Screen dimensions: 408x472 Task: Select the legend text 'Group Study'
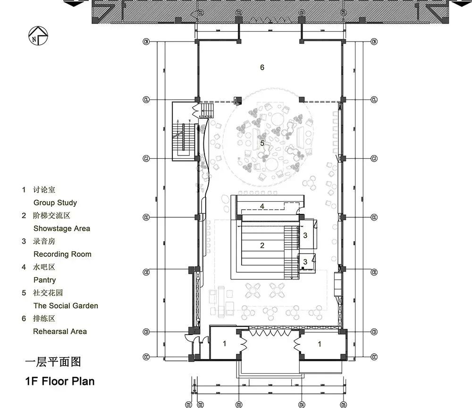pos(55,203)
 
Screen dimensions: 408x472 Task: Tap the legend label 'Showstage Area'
pos(61,228)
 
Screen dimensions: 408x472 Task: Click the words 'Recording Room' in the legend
pos(62,254)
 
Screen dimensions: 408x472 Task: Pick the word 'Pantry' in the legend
pos(44,280)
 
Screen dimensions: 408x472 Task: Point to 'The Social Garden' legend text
pos(66,305)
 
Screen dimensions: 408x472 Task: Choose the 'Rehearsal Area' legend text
pos(60,331)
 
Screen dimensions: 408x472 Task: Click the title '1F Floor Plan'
pos(60,381)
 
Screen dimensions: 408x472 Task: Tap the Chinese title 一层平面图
pos(53,362)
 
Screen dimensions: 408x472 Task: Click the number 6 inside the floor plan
pos(262,67)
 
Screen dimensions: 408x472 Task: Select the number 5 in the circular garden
pos(262,143)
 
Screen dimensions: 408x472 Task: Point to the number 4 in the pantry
pos(262,206)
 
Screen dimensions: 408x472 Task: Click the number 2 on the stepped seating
pos(262,245)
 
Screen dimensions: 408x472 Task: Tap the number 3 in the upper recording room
pos(305,235)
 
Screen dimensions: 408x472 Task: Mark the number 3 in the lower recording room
pos(305,261)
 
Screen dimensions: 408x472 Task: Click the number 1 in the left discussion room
pos(225,344)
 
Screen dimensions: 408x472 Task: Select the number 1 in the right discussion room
pos(320,344)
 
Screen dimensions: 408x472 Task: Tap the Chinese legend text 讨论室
pos(44,190)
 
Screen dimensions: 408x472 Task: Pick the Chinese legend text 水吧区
pos(44,267)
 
